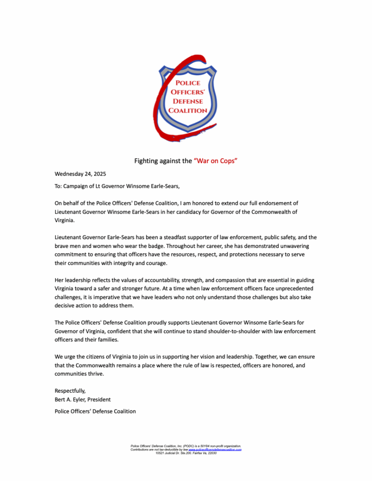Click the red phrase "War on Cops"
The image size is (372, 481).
[x=215, y=161]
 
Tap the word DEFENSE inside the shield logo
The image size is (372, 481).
[x=188, y=101]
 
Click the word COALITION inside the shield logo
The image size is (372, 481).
[x=188, y=110]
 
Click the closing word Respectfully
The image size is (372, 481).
[x=70, y=391]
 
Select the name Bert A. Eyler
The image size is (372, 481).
[x=69, y=400]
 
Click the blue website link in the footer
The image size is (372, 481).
[x=215, y=450]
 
